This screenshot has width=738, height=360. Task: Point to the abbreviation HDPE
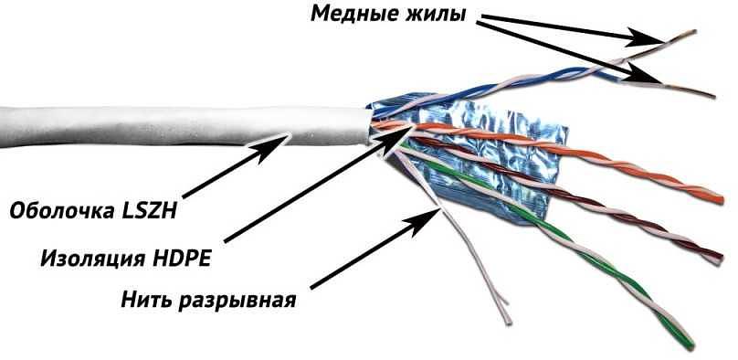coord(179,258)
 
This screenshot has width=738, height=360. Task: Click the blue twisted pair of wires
coord(511,68)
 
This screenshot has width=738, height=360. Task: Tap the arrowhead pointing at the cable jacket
coord(290,137)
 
